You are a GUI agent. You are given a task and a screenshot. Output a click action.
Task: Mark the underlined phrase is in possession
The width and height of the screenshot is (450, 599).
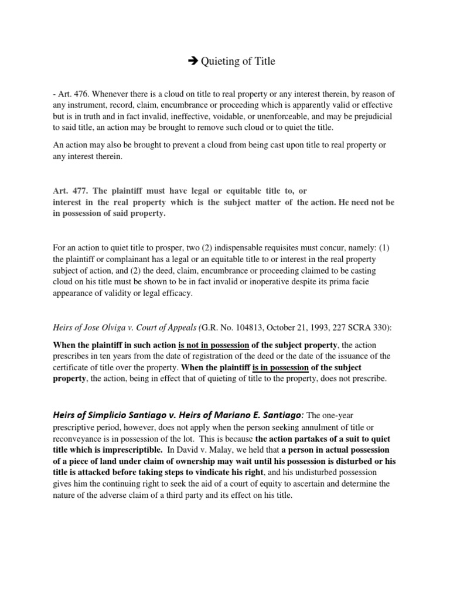[x=280, y=367]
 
